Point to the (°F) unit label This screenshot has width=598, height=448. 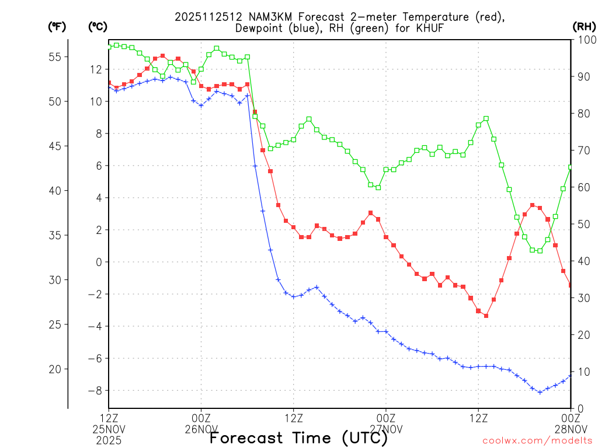click(57, 26)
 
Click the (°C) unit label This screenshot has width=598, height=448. click(98, 26)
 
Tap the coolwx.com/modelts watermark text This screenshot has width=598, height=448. click(537, 440)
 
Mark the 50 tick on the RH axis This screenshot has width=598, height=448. click(582, 224)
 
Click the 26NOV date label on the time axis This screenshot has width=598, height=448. click(201, 429)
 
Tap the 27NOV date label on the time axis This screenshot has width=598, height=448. click(386, 429)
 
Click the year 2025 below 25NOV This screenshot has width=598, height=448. click(109, 440)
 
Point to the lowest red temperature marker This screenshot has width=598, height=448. click(486, 316)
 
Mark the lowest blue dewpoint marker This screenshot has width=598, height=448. click(540, 392)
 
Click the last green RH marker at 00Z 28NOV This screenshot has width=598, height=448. click(571, 167)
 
